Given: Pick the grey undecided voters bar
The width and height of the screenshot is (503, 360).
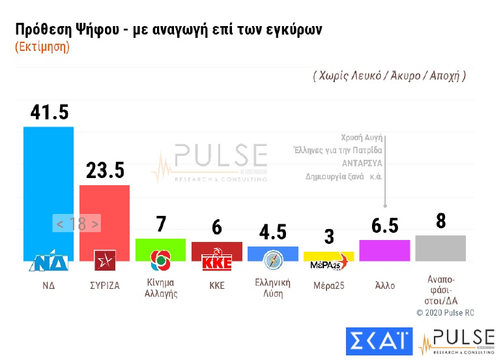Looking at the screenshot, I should coord(440,248).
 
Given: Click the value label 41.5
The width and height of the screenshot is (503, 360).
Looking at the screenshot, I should coord(49,112).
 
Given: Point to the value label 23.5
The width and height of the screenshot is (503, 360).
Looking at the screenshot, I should coord(105,171).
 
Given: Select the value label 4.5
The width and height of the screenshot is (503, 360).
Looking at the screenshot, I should coord(272,233).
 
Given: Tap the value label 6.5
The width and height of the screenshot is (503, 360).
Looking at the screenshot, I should coord(384,225).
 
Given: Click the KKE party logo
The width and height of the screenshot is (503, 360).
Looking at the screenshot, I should coord(216,261).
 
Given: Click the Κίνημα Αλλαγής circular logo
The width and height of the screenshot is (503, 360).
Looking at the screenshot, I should coord(160,261).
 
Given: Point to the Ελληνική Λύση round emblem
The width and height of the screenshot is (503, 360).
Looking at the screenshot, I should coord(272,261).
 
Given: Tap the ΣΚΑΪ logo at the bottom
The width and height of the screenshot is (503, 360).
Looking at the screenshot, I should coord(379,340).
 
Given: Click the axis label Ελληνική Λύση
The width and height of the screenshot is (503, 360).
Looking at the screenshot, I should coord(272,288).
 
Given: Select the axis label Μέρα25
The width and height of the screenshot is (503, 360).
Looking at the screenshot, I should coord(328,284).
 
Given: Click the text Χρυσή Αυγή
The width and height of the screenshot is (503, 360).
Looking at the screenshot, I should coord(361,138).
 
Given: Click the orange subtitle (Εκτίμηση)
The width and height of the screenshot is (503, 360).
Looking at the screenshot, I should coord(42,47).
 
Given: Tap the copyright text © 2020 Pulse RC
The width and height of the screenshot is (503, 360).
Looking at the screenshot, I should coord(445,313).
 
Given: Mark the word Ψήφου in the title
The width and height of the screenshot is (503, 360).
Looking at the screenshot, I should coord(96,30).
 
